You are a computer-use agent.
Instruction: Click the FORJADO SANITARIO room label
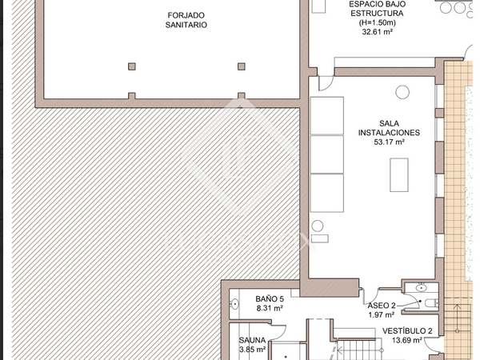pos(186,20)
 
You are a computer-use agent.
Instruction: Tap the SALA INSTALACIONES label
pos(389,128)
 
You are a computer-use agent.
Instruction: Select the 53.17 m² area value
pos(390,142)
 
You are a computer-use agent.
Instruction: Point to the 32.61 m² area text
pos(378,31)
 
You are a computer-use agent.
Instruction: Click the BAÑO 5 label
pos(270,298)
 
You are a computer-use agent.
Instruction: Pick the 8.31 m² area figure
pos(270,308)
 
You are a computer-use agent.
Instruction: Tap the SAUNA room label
pos(252,340)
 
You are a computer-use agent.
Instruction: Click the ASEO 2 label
pos(382,306)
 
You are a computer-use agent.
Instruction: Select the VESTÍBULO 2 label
pos(407,330)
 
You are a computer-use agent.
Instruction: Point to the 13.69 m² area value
pos(407,340)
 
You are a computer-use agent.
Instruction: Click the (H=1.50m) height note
pos(377,22)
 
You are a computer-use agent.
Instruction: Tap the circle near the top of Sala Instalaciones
pos(402,92)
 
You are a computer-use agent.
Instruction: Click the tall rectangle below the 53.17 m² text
pos(399,174)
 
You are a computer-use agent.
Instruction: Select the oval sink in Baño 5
pos(234,304)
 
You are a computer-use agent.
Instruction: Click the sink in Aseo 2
pos(421,287)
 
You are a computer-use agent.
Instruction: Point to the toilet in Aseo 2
pos(432,303)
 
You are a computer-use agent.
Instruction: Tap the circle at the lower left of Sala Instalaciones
pos(318,226)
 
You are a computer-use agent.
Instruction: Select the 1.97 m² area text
pos(382,314)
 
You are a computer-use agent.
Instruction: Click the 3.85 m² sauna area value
pos(252,350)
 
